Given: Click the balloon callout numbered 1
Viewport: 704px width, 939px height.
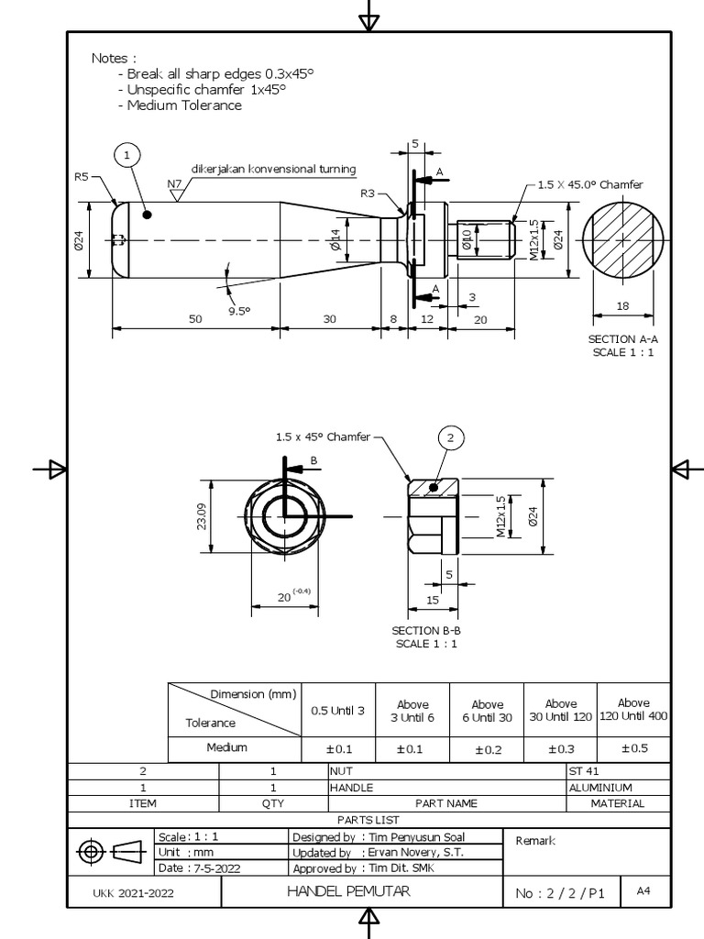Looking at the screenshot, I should coord(128,156).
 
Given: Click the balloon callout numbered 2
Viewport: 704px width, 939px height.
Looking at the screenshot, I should coord(450,439).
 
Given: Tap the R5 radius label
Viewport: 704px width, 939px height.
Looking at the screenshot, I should coord(82,177).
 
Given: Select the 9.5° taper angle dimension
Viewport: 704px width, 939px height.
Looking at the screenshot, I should coord(239,310).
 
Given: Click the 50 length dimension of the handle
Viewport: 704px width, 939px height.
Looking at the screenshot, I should coord(195,318).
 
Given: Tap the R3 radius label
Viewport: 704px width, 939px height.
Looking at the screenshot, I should coord(368,193).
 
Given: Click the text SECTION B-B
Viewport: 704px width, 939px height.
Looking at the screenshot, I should coord(426,630).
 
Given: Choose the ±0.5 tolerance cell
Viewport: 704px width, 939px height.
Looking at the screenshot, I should coord(633,747).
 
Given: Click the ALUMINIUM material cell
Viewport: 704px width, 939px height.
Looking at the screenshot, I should coord(600,787).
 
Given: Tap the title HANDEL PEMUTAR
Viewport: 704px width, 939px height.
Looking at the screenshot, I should coord(348,891).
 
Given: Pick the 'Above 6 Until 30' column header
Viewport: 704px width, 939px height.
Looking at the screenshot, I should coord(488,711).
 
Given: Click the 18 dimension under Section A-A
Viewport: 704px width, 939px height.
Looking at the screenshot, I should coord(622,306).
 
